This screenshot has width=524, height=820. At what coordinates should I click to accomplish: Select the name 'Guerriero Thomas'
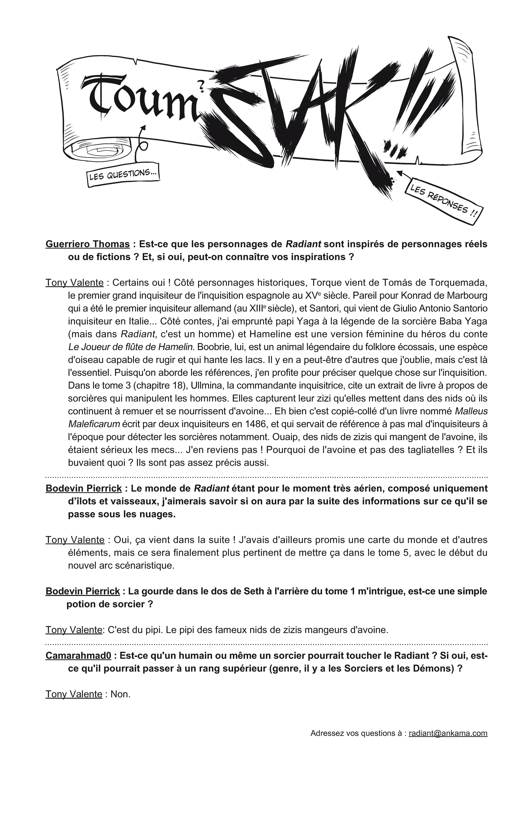coord(88,244)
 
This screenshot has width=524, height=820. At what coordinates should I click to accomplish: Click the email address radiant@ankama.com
coord(448,733)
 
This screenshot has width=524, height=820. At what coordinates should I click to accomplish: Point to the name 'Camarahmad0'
coord(78,656)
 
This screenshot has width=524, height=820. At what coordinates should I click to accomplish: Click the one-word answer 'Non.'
coord(121,694)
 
